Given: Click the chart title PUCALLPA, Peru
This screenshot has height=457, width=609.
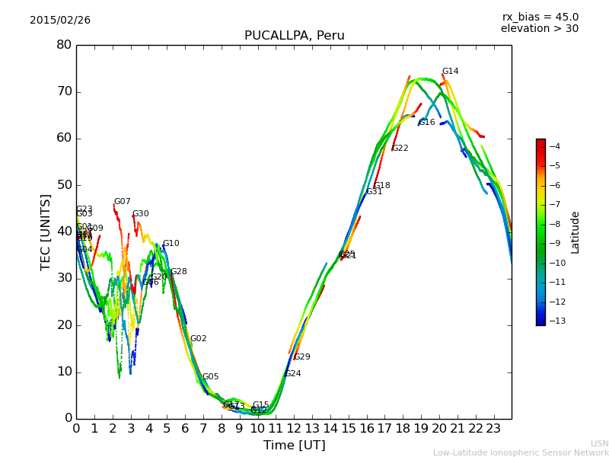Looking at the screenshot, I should pos(294,36).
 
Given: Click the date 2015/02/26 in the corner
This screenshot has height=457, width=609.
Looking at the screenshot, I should pos(60,21).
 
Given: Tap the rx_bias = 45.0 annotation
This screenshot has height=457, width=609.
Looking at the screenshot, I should pos(540,17).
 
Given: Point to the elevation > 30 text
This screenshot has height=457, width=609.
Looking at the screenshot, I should pos(540,29).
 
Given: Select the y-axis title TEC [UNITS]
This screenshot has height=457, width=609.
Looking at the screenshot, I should pos(46,232).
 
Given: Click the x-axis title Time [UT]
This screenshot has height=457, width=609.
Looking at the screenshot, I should pos(294,446).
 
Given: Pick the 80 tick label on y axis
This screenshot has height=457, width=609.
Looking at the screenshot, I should pos(64,45).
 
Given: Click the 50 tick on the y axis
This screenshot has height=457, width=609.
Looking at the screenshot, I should pos(64,185).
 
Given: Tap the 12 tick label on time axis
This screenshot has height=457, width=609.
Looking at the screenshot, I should pos(294,428).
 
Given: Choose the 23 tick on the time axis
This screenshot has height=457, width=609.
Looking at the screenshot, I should pos(493,428).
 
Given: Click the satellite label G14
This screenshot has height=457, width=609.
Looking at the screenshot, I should pos(451,72).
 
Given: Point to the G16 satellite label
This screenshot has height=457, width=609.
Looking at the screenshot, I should pos(427,123).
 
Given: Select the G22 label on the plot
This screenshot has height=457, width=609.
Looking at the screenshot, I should pos(400,149).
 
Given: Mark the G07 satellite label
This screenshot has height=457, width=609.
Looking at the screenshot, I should pos(123,202).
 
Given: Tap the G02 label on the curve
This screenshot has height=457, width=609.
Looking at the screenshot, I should pos(199,339).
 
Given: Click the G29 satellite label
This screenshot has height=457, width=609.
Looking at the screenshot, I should pos(302,357).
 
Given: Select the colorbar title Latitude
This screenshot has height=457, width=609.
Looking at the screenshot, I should pos(576,232).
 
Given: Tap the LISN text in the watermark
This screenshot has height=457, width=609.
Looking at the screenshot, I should pos(599,443).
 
